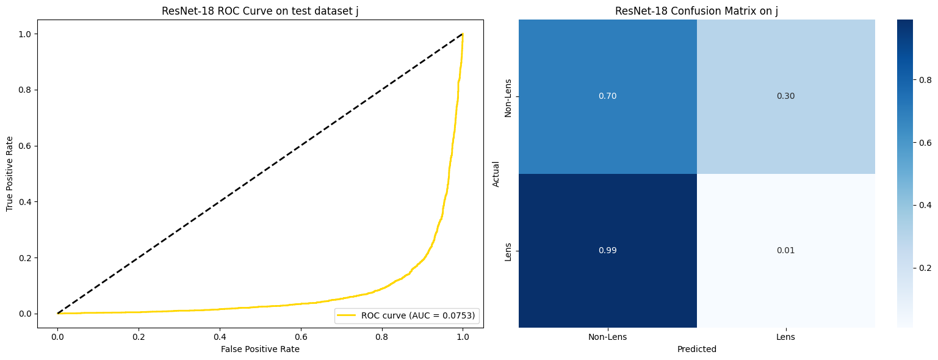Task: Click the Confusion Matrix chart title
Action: point(696,11)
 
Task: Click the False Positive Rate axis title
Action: point(261,349)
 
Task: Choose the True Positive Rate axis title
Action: point(10,174)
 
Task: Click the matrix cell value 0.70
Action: point(607,96)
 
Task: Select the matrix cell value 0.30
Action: point(785,96)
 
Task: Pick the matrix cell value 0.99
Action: point(607,251)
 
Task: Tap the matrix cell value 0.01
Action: point(785,251)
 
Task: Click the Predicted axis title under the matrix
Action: point(696,349)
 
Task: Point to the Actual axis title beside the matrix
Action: point(496,174)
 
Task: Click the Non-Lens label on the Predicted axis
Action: point(607,337)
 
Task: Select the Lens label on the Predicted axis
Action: point(785,337)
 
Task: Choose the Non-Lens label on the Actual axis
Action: point(508,96)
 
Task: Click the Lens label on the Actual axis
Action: point(508,251)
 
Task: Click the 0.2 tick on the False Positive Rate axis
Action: point(139,337)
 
